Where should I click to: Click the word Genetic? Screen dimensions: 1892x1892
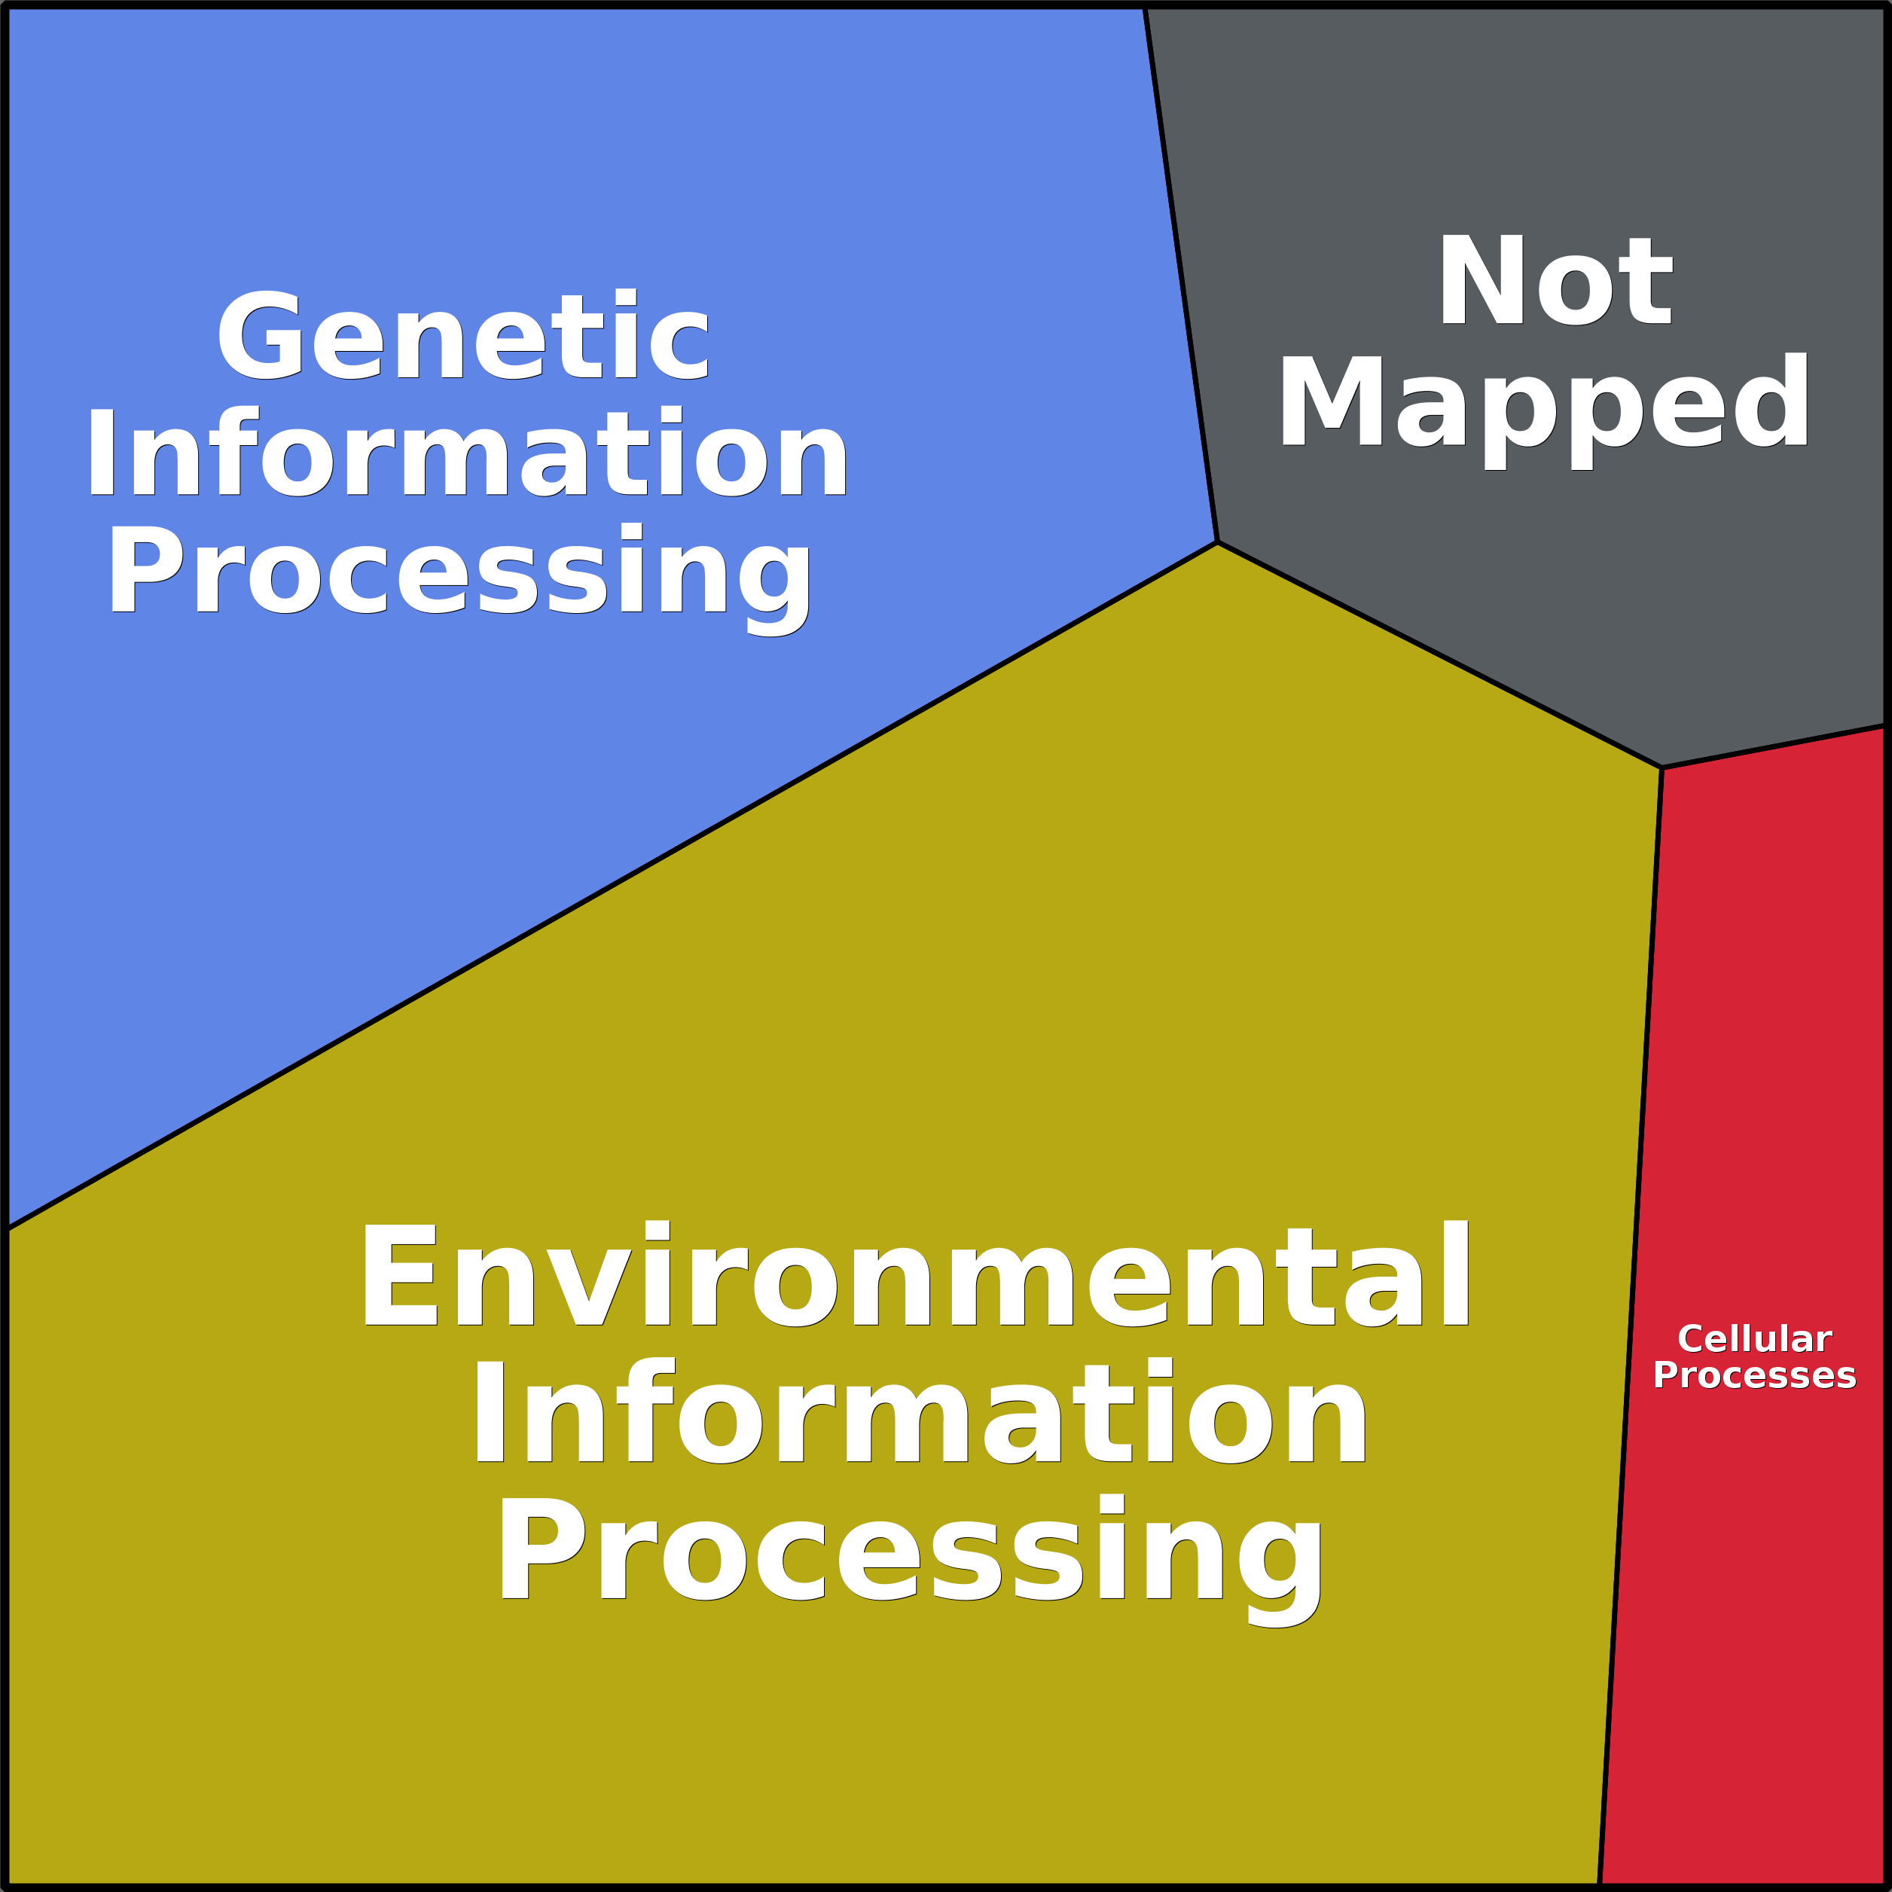click(462, 335)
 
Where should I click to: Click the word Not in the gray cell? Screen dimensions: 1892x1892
click(1554, 280)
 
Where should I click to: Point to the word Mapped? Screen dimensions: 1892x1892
click(1544, 404)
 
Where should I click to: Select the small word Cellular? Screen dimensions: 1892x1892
click(1754, 1338)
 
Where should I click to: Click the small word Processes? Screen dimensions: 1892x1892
click(1754, 1376)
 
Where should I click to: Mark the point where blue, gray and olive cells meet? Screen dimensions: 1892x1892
click(1216, 542)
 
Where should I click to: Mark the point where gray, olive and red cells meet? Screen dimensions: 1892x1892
click(1662, 767)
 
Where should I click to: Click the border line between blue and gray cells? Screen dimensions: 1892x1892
click(1180, 274)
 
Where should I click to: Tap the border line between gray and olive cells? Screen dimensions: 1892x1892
click(1439, 655)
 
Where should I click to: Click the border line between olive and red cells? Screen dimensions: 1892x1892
click(1631, 1322)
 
